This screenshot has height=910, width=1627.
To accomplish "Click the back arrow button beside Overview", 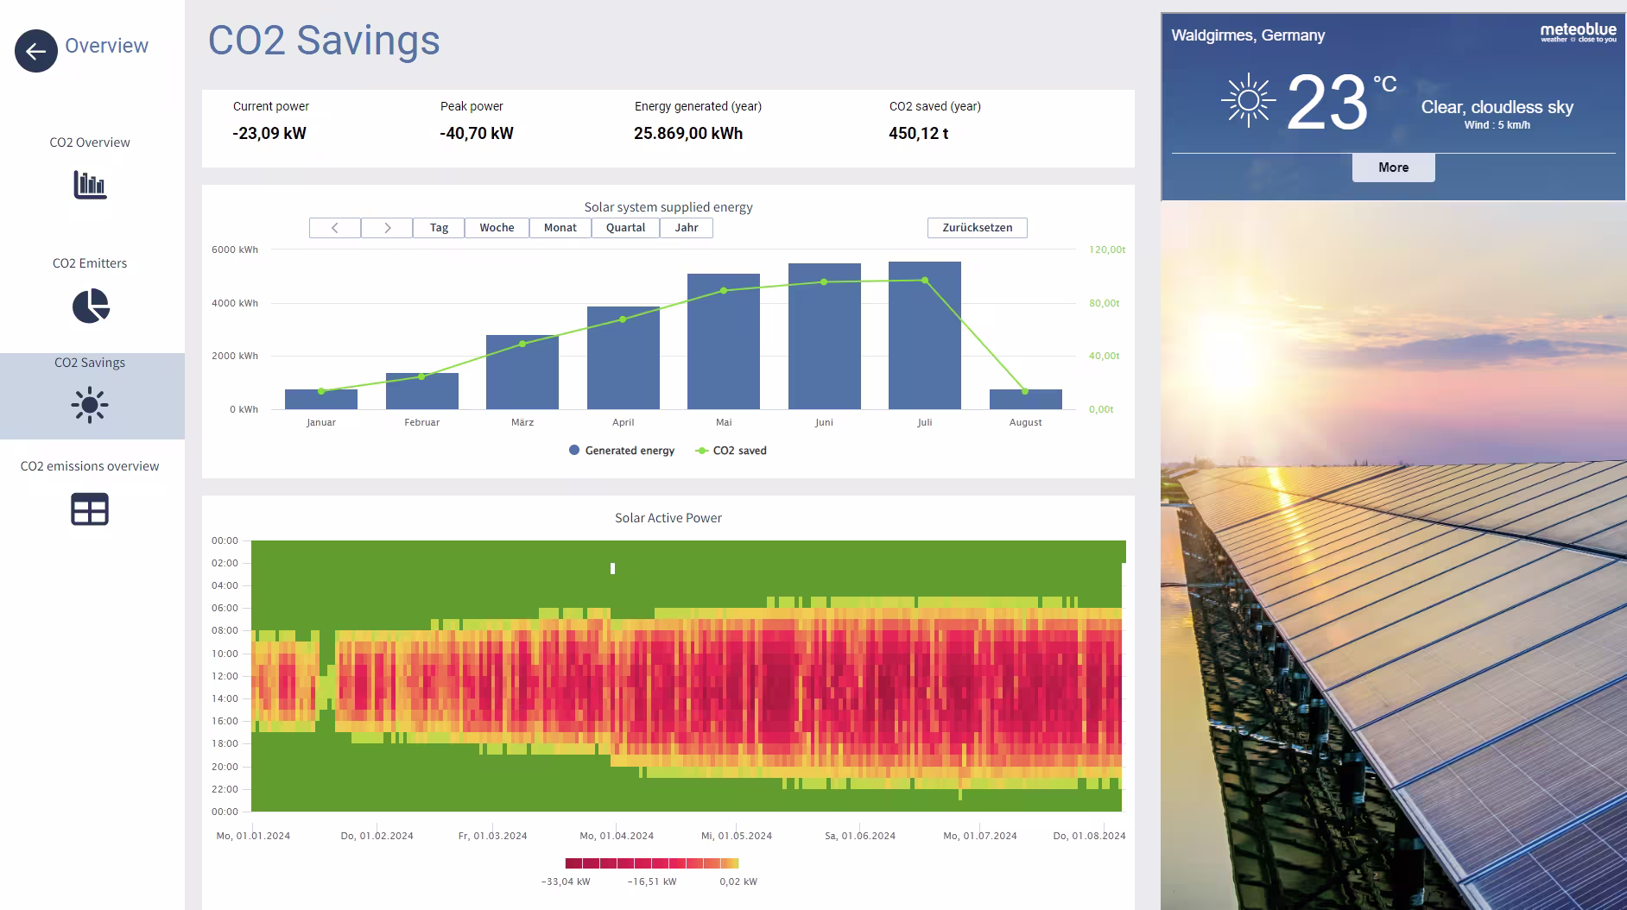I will (x=35, y=51).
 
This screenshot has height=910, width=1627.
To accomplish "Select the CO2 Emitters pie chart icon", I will (x=91, y=306).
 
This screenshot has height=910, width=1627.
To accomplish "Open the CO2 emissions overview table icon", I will (x=90, y=509).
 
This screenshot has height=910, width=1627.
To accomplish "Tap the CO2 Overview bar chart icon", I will (x=90, y=184).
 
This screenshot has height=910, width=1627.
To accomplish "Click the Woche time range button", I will (x=497, y=228).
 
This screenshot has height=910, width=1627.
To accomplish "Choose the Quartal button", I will (x=625, y=228).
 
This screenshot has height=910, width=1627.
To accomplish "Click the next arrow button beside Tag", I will (x=387, y=228).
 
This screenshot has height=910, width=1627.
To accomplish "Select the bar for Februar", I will (x=421, y=391).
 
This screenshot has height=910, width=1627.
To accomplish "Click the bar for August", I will (x=1025, y=400).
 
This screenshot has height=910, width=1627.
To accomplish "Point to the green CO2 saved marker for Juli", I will (x=925, y=281).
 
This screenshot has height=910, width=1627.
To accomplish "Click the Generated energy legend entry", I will (x=622, y=451).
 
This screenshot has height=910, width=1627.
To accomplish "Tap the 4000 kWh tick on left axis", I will (x=235, y=303).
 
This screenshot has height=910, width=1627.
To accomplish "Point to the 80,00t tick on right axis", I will (x=1104, y=303).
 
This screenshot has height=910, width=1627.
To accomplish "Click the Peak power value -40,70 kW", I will (x=477, y=134).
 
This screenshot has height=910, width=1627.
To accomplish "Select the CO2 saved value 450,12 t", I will (x=919, y=134).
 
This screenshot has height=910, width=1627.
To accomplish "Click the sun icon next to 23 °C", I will (x=1248, y=102).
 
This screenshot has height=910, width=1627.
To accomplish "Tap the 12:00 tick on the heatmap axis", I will (x=225, y=676).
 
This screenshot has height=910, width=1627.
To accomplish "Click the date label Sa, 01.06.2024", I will (x=859, y=836).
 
